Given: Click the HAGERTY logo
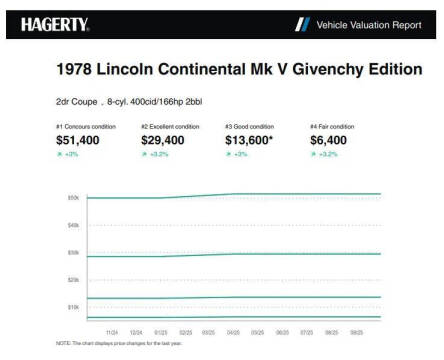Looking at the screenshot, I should (x=56, y=22).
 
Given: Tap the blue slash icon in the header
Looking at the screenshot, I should (x=302, y=23).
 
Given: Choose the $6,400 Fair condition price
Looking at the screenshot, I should (x=333, y=142).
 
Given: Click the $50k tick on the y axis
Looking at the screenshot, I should (x=73, y=198).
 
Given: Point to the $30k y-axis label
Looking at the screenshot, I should (x=73, y=252).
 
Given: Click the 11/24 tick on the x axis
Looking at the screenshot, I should (x=112, y=330).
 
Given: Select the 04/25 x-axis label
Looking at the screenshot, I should (x=233, y=330).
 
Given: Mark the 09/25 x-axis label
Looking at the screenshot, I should (x=355, y=330).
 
